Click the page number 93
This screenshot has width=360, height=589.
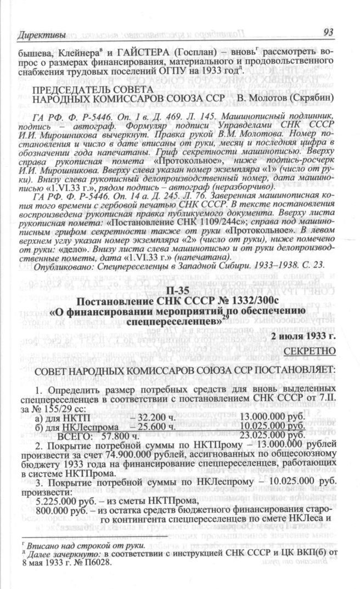(329, 32)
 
